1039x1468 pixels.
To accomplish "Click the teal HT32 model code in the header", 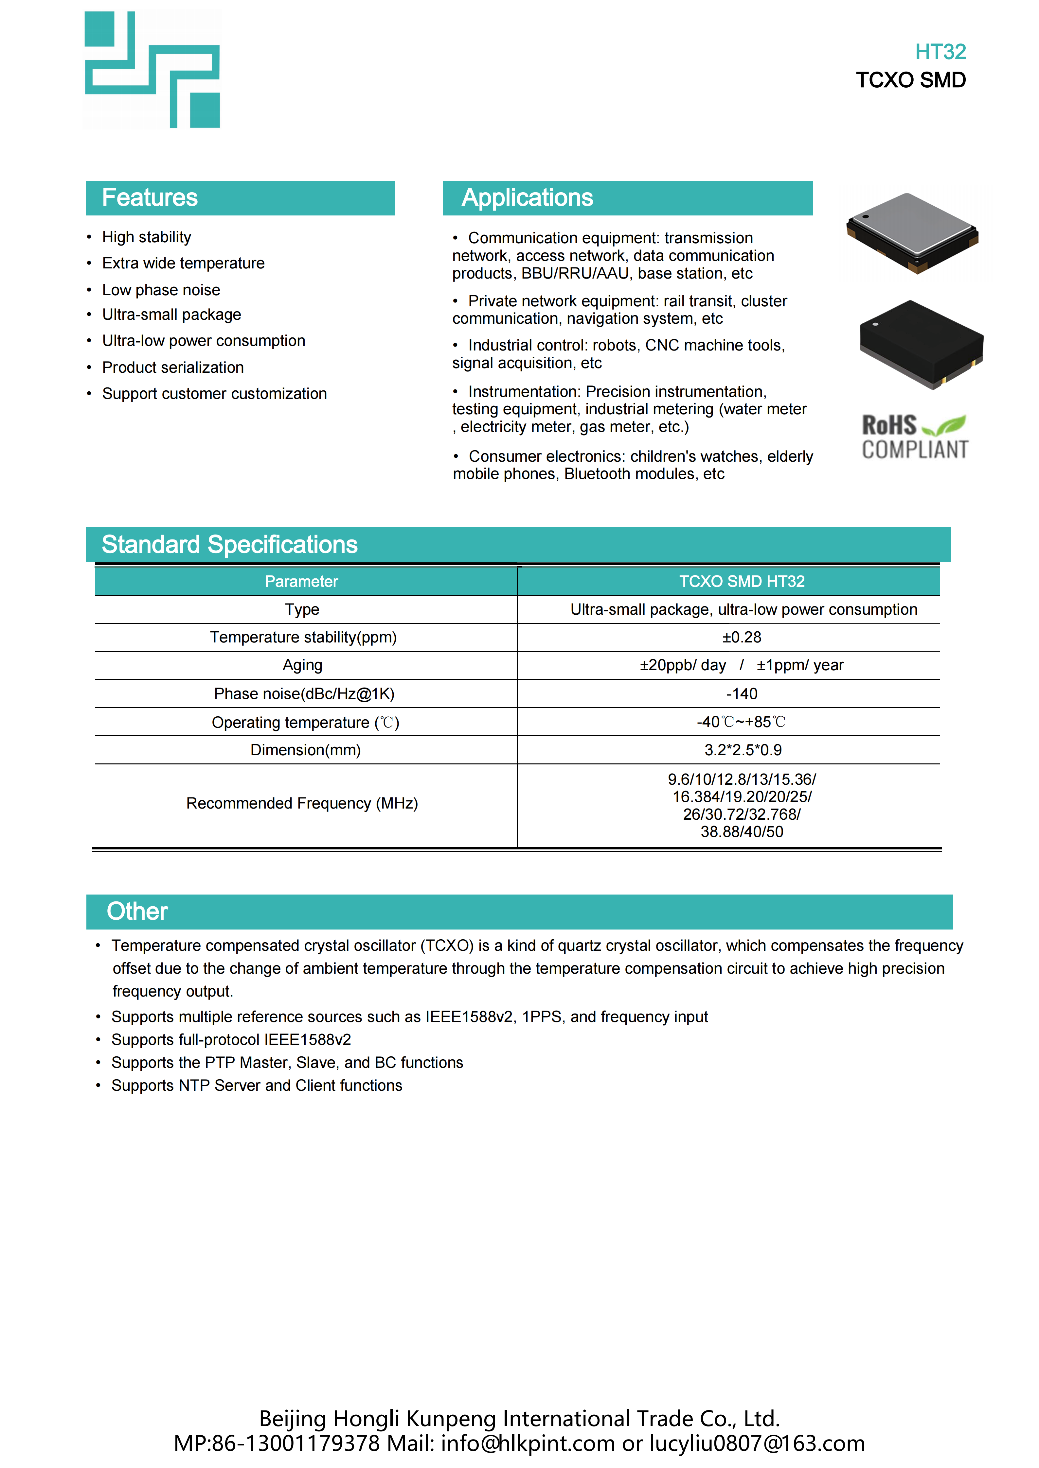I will (940, 52).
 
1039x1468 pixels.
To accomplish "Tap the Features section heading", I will (150, 197).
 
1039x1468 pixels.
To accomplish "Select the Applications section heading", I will (527, 197).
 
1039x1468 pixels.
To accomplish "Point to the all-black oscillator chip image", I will (921, 343).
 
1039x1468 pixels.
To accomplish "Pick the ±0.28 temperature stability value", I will (742, 638).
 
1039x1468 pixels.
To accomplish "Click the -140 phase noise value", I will (742, 694).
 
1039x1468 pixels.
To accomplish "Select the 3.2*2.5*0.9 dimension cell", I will (743, 750).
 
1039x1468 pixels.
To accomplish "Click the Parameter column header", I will (301, 581).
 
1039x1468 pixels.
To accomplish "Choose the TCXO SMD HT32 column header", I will (742, 581).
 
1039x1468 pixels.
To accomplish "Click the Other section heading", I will (137, 911).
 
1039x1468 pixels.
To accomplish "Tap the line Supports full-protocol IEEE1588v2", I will (231, 1040).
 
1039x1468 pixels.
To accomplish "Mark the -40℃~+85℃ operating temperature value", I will (742, 722).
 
